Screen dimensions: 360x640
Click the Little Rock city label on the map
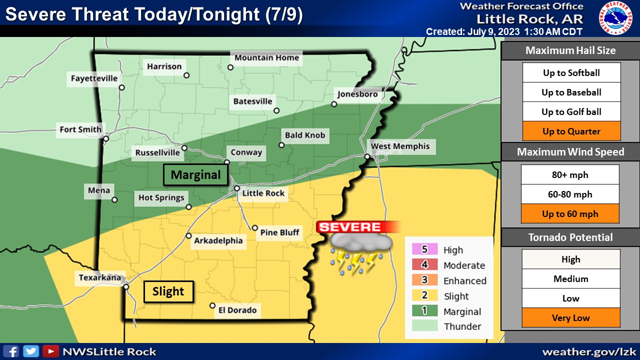click(x=263, y=193)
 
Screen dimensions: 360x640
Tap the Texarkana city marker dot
click(x=126, y=287)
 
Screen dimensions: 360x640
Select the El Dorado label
click(x=237, y=310)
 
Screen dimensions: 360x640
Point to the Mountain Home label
click(x=266, y=57)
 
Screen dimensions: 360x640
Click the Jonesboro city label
click(x=357, y=94)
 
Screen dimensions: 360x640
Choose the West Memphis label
click(x=399, y=146)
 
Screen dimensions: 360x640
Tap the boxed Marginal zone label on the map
click(x=195, y=175)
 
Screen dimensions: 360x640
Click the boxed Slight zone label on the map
click(x=168, y=292)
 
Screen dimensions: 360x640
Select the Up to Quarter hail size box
click(x=571, y=131)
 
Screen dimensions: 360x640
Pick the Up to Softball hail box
click(x=571, y=73)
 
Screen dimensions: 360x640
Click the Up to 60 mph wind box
click(x=570, y=214)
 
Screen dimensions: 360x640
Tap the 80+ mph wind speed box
click(x=570, y=175)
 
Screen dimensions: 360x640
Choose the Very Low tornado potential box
click(x=570, y=317)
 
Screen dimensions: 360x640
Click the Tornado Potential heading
click(x=570, y=237)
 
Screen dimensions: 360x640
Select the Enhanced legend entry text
click(x=464, y=281)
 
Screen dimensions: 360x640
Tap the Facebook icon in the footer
click(x=14, y=351)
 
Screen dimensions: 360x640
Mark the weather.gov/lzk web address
click(x=588, y=352)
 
